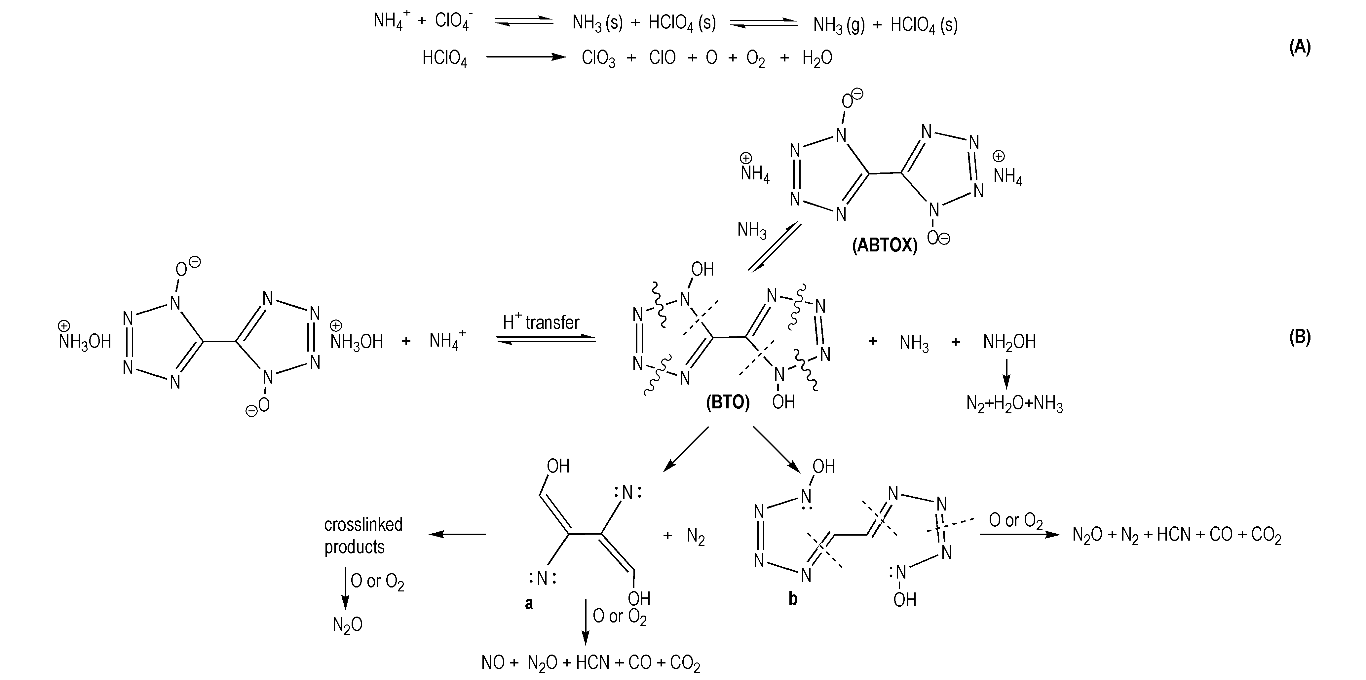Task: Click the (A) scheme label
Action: (x=1300, y=47)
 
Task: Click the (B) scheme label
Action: (x=1300, y=337)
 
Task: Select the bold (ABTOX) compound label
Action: (x=885, y=246)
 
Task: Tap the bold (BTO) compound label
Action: (x=728, y=402)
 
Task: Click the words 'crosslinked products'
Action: (x=363, y=536)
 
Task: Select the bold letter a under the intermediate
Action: (x=529, y=603)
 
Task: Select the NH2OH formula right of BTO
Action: (x=1009, y=342)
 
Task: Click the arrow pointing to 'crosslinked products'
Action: (x=457, y=534)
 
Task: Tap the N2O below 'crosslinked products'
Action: (x=347, y=625)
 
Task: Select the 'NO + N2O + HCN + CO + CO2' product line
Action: (x=591, y=663)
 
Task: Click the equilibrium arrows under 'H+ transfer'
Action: (x=546, y=340)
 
